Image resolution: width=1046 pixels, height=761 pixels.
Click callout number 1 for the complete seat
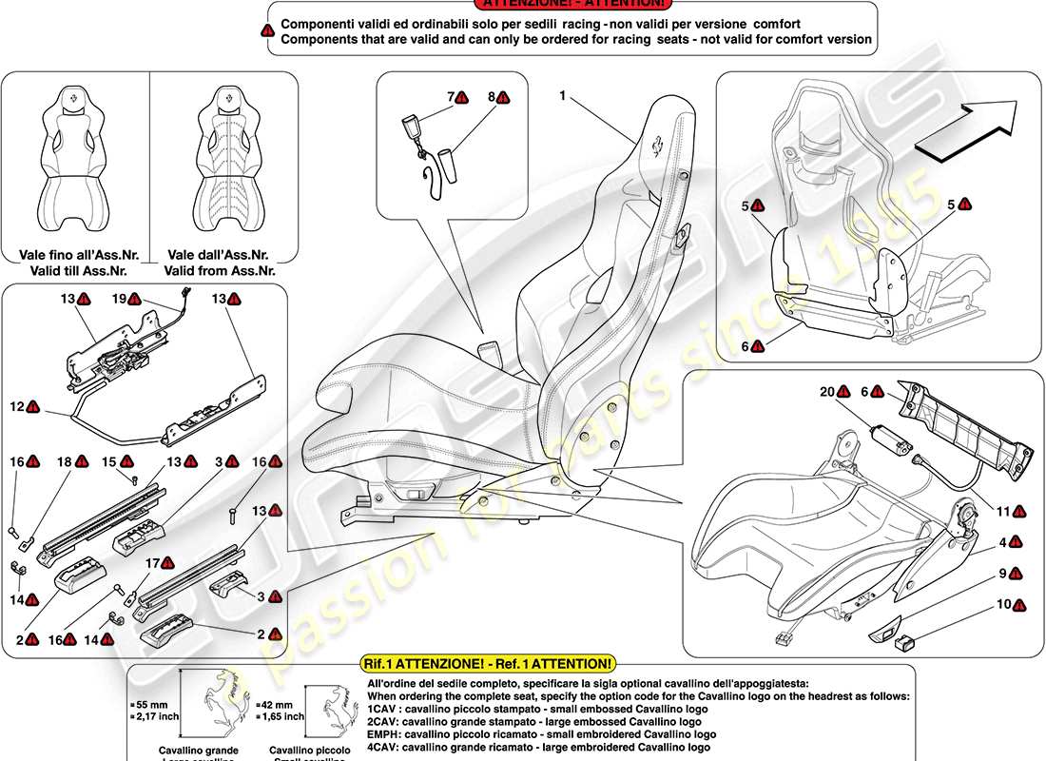[x=563, y=96]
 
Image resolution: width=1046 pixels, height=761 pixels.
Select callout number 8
[x=493, y=97]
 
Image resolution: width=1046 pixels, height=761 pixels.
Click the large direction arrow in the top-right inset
[x=964, y=129]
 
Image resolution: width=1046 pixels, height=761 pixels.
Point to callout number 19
[x=120, y=299]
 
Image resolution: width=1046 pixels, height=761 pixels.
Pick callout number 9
[x=1002, y=574]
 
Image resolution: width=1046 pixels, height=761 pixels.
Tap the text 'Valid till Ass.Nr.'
[x=75, y=270]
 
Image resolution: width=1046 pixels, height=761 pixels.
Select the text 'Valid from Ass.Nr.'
[x=220, y=270]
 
